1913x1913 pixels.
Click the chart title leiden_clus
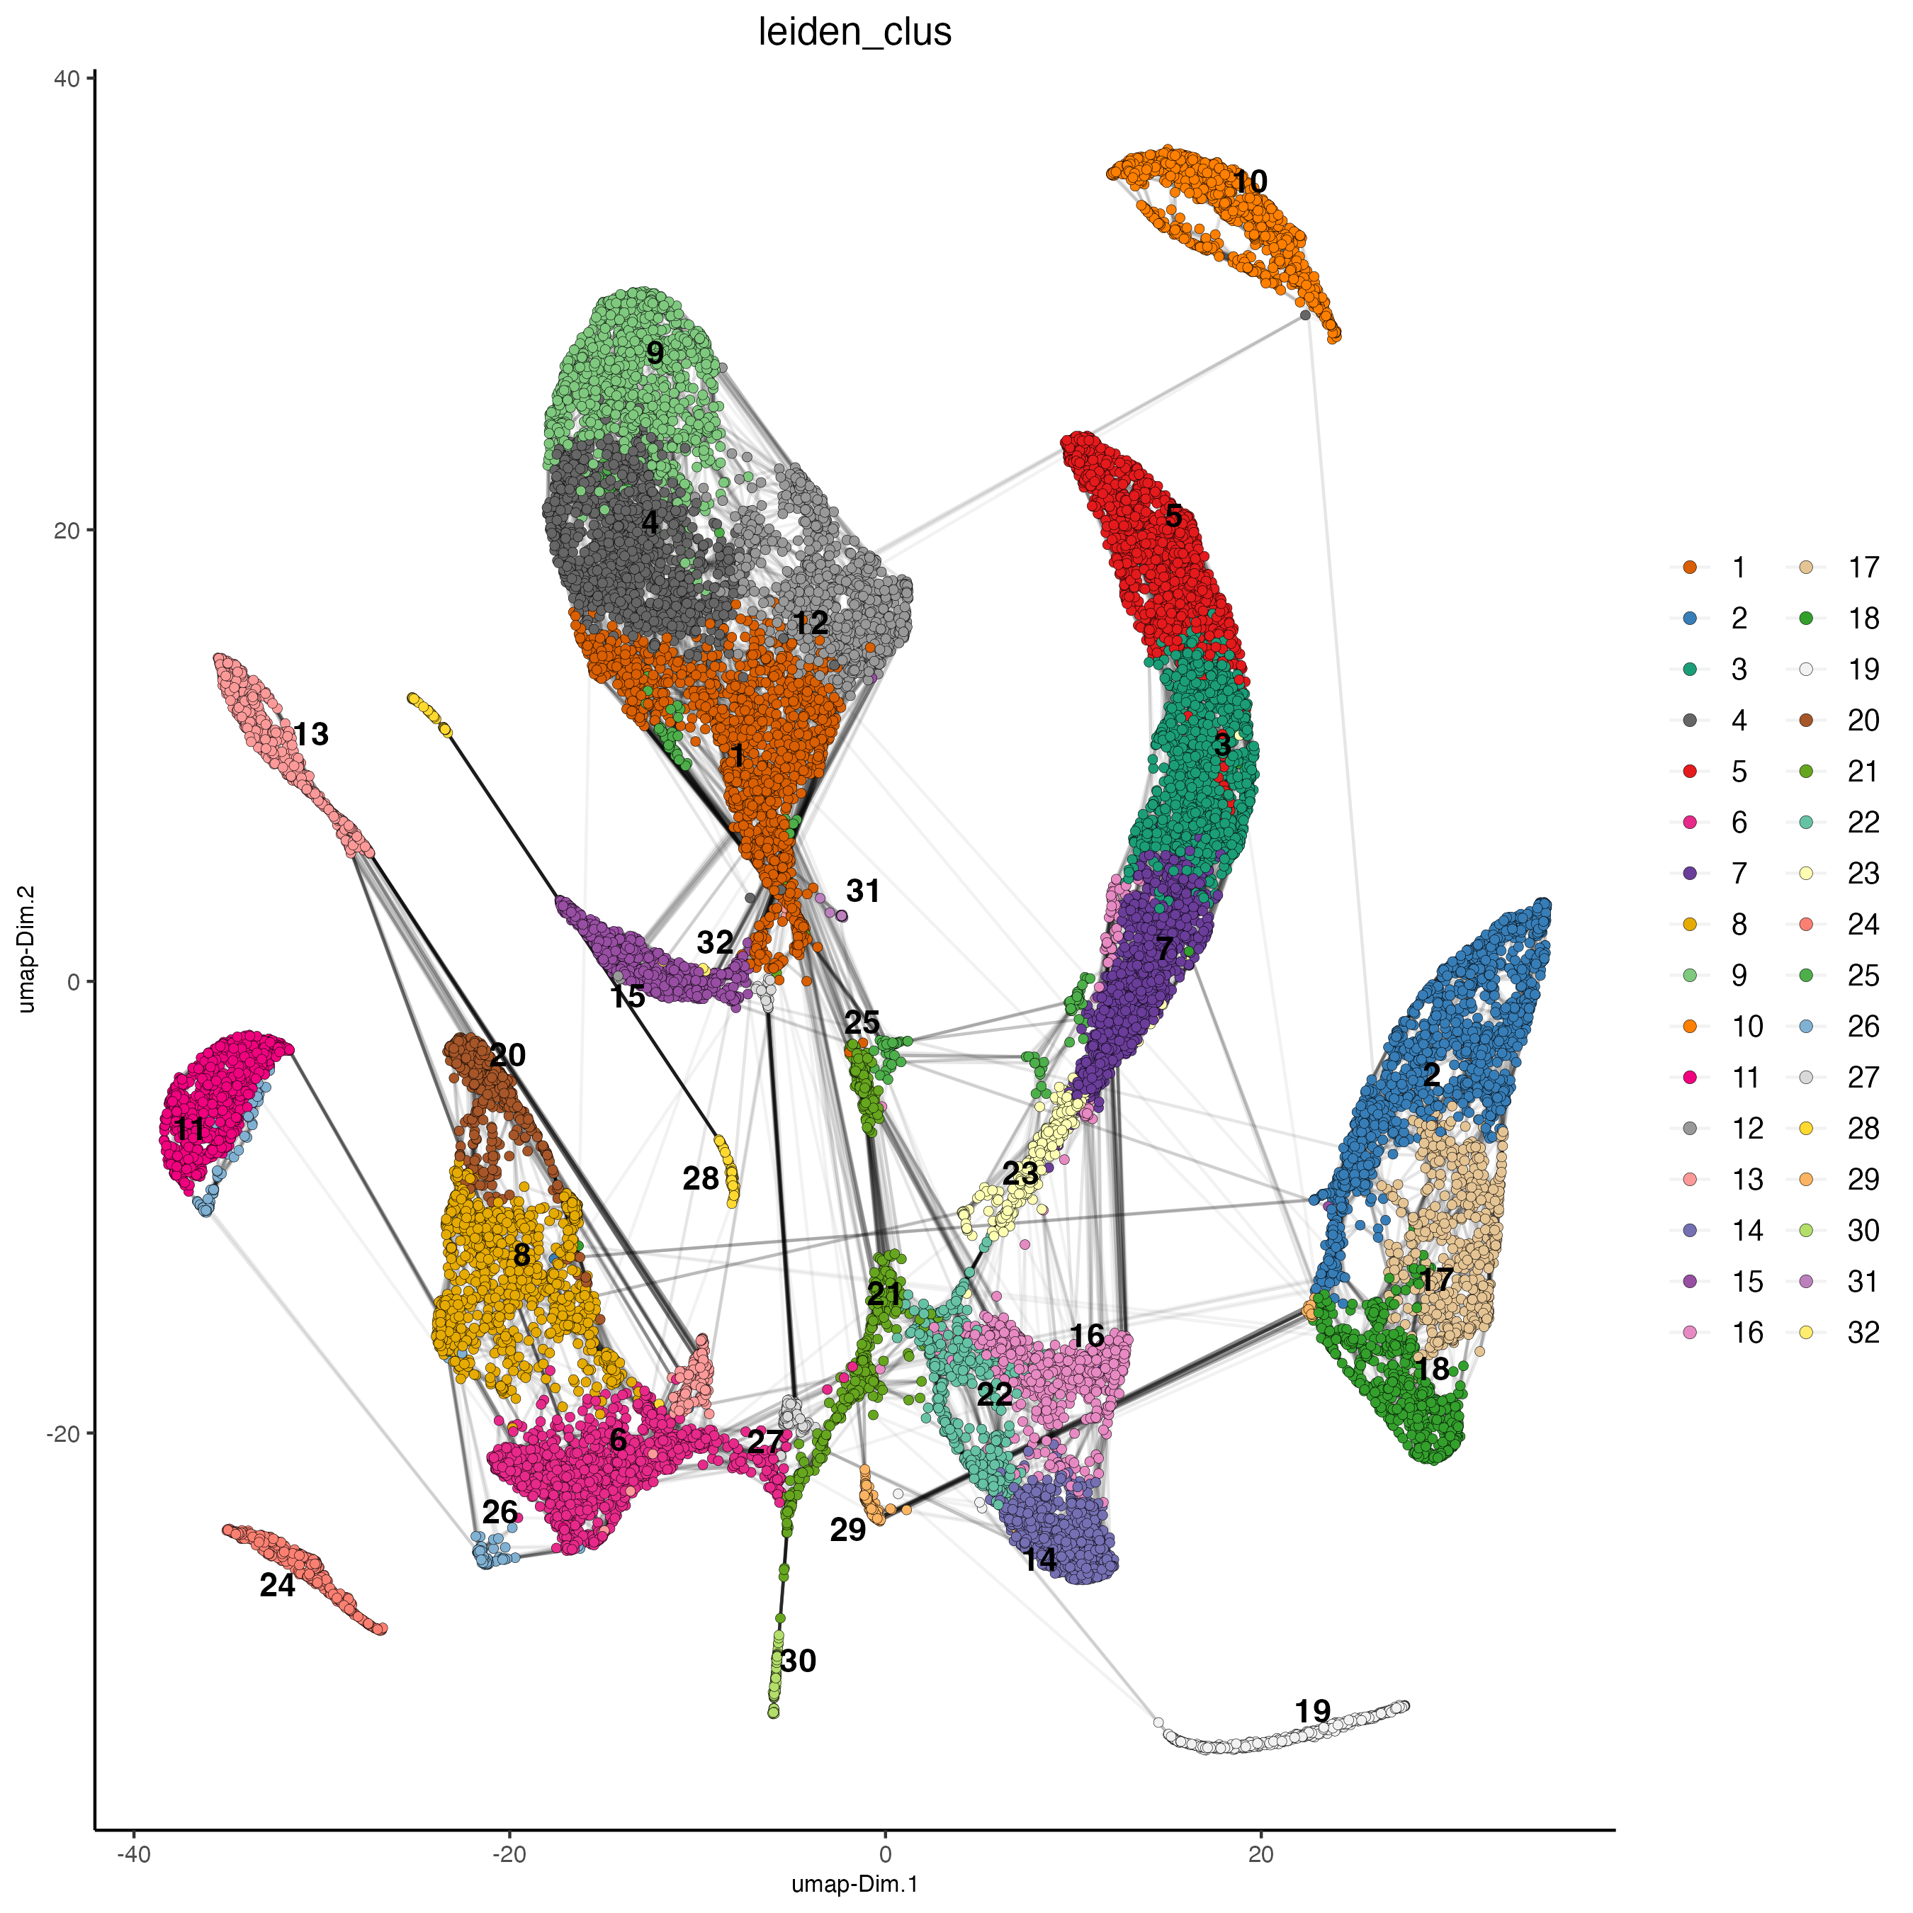854,32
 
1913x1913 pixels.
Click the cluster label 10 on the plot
1250,181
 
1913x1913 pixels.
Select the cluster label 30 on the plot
798,1661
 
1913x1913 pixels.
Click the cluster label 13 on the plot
311,734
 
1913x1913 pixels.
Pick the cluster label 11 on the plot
188,1128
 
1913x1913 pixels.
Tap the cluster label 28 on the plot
701,1178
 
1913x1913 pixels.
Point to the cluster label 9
655,353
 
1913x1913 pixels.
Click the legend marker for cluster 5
1691,772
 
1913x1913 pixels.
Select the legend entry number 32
1863,1332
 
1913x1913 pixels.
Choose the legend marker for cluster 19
1806,670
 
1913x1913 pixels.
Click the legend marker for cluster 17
1806,568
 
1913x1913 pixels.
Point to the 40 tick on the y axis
67,77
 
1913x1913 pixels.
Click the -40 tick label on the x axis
132,1853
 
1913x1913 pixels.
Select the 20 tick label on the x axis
1260,1853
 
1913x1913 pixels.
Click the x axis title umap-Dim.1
854,1884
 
